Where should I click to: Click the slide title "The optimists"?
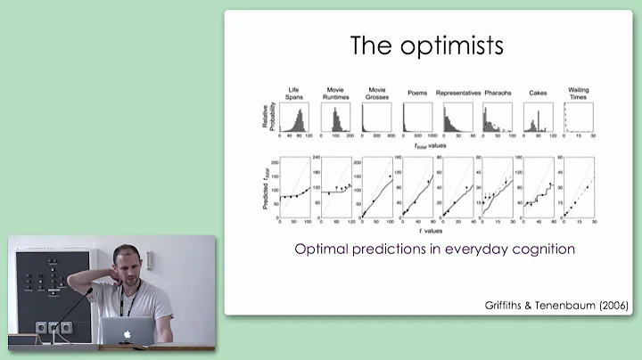(x=427, y=45)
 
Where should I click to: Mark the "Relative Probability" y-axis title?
(x=266, y=119)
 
